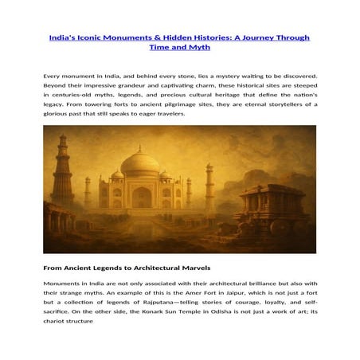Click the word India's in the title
(x=64, y=37)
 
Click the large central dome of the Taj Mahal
(x=137, y=163)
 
